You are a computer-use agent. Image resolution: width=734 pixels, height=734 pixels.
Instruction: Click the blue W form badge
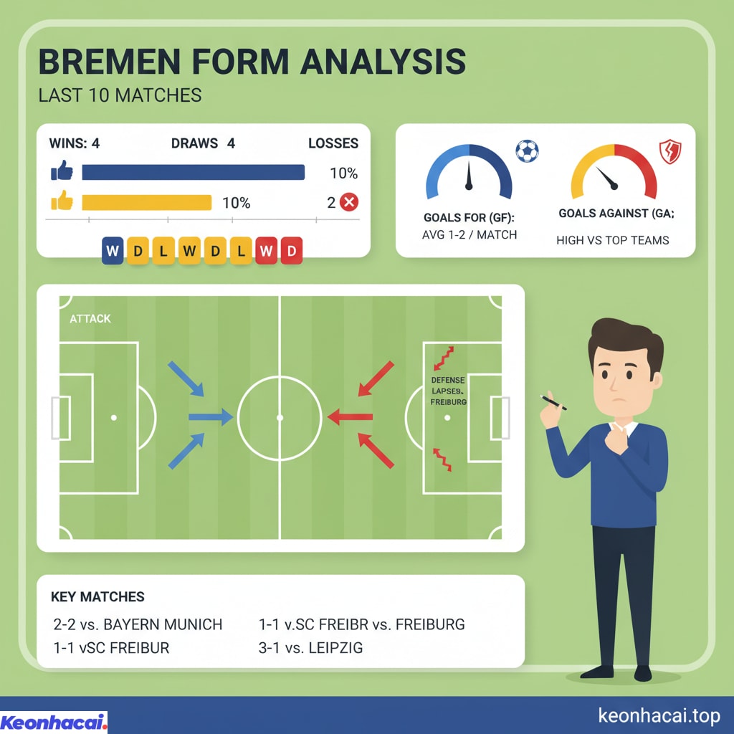coord(113,252)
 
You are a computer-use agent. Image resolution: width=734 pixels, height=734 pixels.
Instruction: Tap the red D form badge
coord(291,252)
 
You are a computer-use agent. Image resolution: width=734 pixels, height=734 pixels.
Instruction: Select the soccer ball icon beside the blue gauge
coord(527,151)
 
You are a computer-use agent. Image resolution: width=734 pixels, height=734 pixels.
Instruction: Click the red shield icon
coord(669,152)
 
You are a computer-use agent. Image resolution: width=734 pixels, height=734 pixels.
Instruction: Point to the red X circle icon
coord(348,203)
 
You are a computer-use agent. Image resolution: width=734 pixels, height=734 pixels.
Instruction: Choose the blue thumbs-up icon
coord(62,172)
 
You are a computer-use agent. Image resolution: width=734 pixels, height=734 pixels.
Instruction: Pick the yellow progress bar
coord(146,203)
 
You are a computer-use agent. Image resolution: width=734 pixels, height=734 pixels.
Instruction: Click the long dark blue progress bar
coord(193,172)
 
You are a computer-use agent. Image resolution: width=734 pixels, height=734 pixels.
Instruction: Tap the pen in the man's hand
coord(553,403)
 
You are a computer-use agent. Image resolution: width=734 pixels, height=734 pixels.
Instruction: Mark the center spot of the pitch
coord(280,417)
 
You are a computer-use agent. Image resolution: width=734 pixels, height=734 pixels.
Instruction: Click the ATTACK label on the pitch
coord(90,318)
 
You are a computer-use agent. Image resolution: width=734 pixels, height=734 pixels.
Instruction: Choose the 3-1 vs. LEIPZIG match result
coord(310,648)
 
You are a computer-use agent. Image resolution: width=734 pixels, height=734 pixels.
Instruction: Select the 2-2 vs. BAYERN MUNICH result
coord(138,624)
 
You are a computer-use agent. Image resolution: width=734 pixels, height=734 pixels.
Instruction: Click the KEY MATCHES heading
coord(97,597)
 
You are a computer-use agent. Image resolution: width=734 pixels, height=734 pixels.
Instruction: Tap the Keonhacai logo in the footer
coord(54,722)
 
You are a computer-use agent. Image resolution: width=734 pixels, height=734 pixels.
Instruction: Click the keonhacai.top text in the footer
coord(658,715)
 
